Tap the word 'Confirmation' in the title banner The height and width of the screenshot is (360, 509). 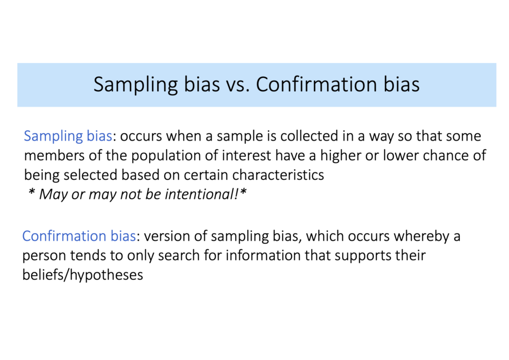click(317, 84)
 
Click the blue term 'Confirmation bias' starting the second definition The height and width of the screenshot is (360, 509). click(79, 236)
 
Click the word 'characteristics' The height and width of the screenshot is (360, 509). click(278, 175)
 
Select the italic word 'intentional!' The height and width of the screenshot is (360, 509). click(201, 195)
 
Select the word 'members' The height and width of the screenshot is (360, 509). click(54, 156)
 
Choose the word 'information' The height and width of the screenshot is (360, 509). click(263, 256)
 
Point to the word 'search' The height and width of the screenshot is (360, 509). click(179, 256)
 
